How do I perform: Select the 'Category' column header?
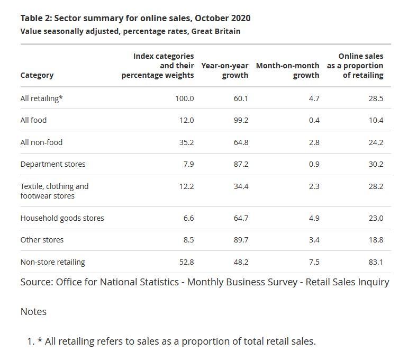click(37, 75)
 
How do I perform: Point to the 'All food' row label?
click(33, 120)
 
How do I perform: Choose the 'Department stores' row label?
click(53, 164)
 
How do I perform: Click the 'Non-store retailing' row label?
click(52, 262)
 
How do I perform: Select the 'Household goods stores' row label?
click(62, 218)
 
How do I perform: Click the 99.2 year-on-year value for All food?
click(241, 120)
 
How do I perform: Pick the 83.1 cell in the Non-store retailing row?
click(376, 262)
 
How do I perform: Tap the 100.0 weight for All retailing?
click(185, 98)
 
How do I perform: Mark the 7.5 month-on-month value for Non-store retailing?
click(314, 262)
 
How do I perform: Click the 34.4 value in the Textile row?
click(241, 186)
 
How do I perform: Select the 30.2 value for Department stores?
click(376, 164)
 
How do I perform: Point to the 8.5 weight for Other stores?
click(188, 240)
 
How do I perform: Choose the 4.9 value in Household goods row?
click(314, 218)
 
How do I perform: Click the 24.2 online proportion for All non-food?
click(376, 142)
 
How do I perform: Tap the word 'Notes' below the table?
click(33, 312)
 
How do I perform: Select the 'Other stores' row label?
click(42, 240)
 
